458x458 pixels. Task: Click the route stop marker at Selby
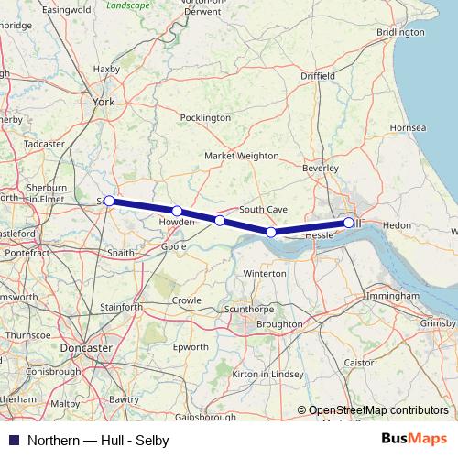click(108, 201)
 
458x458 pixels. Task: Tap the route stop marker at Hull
click(349, 223)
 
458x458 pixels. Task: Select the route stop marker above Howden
click(177, 212)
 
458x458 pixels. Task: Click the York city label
click(104, 103)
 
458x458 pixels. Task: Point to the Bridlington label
click(400, 32)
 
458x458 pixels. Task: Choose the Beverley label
click(320, 169)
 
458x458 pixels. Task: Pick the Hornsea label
click(409, 126)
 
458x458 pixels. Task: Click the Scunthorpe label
click(249, 310)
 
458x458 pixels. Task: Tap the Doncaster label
click(85, 348)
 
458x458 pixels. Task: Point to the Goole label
click(173, 246)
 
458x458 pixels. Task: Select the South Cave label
click(264, 210)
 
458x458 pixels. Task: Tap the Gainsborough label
click(206, 417)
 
